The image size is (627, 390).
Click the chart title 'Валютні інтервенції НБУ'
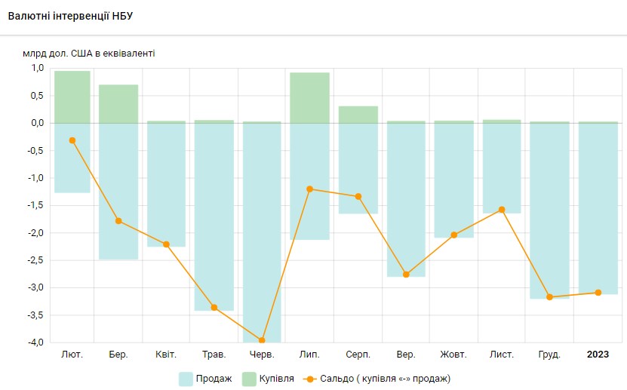(x=61, y=16)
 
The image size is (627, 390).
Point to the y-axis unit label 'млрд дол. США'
(x=90, y=54)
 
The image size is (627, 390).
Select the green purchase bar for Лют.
(x=72, y=97)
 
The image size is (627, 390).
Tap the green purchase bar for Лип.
(x=309, y=97)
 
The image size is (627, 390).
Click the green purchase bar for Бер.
(x=118, y=103)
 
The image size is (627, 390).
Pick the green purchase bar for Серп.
(x=358, y=114)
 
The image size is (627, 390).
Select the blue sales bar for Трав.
(x=214, y=216)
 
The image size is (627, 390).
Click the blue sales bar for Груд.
(x=549, y=210)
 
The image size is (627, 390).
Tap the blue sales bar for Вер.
(x=406, y=199)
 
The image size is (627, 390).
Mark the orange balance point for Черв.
(x=262, y=341)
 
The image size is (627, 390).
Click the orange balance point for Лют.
(x=72, y=140)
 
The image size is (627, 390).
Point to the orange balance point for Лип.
(x=309, y=189)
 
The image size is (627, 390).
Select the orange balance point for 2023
(x=598, y=293)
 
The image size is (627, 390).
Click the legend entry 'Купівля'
(x=267, y=378)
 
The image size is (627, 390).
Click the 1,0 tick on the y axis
(x=37, y=68)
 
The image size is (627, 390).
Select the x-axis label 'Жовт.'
(x=453, y=355)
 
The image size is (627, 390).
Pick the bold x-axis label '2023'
(x=598, y=355)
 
